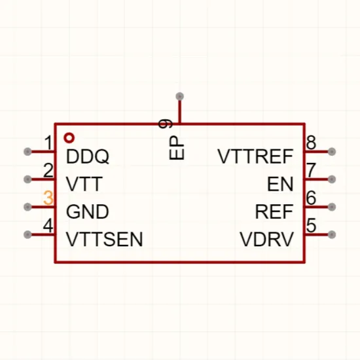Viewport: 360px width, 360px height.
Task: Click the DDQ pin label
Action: (x=88, y=156)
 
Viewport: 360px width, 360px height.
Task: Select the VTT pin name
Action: (x=84, y=184)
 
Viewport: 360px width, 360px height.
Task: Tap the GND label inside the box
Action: (x=87, y=211)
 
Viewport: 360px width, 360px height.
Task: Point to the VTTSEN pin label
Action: (x=105, y=239)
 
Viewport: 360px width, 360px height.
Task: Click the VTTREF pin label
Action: (x=255, y=156)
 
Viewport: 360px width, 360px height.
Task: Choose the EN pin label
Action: (x=280, y=184)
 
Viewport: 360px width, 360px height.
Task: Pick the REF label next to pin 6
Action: (x=274, y=211)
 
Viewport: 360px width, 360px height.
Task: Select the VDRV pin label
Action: (x=267, y=239)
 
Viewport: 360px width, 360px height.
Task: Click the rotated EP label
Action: (x=176, y=148)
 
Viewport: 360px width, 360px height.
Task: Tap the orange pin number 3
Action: (x=48, y=198)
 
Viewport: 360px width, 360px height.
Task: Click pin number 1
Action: (x=48, y=143)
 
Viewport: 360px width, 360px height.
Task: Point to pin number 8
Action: (x=311, y=143)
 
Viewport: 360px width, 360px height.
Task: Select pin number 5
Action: (x=311, y=225)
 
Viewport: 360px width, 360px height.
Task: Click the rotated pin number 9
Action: (x=166, y=124)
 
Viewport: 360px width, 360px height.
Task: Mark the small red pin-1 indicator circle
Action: (x=69, y=137)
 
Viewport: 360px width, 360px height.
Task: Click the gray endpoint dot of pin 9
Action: (x=179, y=96)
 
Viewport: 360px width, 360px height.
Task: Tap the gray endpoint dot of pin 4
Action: (x=27, y=234)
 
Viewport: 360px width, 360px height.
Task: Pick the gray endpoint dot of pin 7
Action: (x=332, y=179)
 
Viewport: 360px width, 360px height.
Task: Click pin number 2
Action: (x=48, y=170)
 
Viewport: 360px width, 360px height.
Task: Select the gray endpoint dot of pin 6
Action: (x=332, y=207)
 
